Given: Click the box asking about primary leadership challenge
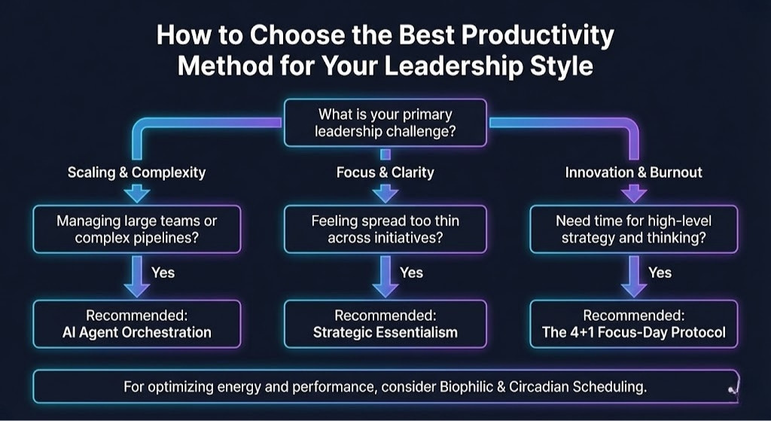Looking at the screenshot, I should point(385,124).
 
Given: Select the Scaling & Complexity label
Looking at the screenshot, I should point(136,172).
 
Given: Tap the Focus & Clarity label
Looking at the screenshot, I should point(385,172).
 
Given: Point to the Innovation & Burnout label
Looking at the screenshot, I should point(633,172).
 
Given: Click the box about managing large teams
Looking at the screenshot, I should point(136,229).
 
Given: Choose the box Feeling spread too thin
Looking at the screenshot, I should point(385,229).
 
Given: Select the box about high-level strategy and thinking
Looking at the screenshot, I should point(633,229).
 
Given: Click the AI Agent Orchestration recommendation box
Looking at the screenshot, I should point(136,324).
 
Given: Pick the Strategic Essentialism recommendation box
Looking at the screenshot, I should point(385,324).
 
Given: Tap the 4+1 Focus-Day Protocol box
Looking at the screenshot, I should point(633,324).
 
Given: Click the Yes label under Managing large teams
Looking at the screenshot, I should point(163,273).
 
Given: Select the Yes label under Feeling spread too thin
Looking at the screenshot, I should point(411,273).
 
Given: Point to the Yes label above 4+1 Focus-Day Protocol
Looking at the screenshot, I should point(660,273).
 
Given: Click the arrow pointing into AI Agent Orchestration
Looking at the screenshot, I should point(136,277).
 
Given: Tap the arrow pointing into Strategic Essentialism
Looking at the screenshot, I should point(385,277).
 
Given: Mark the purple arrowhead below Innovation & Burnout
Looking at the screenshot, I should point(633,194).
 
